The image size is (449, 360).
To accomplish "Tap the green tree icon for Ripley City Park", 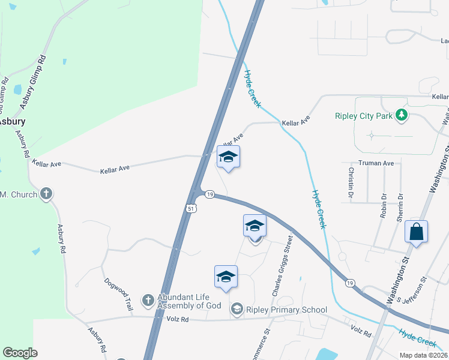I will (402, 115).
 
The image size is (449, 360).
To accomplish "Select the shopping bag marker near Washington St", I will (416, 232).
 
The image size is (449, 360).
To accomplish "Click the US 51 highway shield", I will (190, 208).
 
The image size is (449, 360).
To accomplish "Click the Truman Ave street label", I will (376, 163).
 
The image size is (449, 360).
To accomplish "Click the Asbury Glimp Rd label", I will (33, 82).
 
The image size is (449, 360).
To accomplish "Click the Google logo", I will (20, 353).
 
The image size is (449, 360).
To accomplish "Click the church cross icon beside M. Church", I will (46, 194).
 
